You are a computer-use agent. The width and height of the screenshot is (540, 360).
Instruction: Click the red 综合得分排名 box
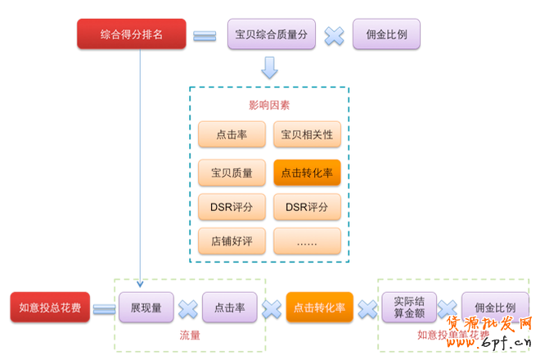point(132,34)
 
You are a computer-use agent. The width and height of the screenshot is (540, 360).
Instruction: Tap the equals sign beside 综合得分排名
point(205,35)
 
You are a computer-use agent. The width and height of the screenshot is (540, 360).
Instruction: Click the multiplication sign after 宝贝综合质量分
point(334,35)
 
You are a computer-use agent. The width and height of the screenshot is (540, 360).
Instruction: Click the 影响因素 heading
point(269,105)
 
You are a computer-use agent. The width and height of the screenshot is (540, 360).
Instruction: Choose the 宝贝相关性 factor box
point(307,134)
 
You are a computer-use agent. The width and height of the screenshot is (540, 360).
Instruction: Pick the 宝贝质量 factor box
point(232,173)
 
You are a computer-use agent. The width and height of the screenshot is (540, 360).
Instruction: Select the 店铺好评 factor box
point(232,241)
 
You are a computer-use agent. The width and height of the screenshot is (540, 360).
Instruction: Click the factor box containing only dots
point(307,241)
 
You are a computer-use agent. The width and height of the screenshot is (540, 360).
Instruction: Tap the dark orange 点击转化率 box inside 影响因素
point(307,173)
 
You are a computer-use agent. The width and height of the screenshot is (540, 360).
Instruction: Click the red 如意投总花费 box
point(50,308)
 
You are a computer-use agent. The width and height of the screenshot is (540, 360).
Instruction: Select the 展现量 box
point(146,308)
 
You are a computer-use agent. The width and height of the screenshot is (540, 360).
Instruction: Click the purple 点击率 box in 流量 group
point(230,308)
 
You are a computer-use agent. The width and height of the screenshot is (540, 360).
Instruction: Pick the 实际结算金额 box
point(409,308)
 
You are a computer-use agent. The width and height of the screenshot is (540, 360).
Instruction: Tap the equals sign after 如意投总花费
point(104,308)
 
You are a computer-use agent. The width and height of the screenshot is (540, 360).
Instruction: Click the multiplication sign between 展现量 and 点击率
point(188,308)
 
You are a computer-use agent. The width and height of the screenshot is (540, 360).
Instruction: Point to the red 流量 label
point(190,335)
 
